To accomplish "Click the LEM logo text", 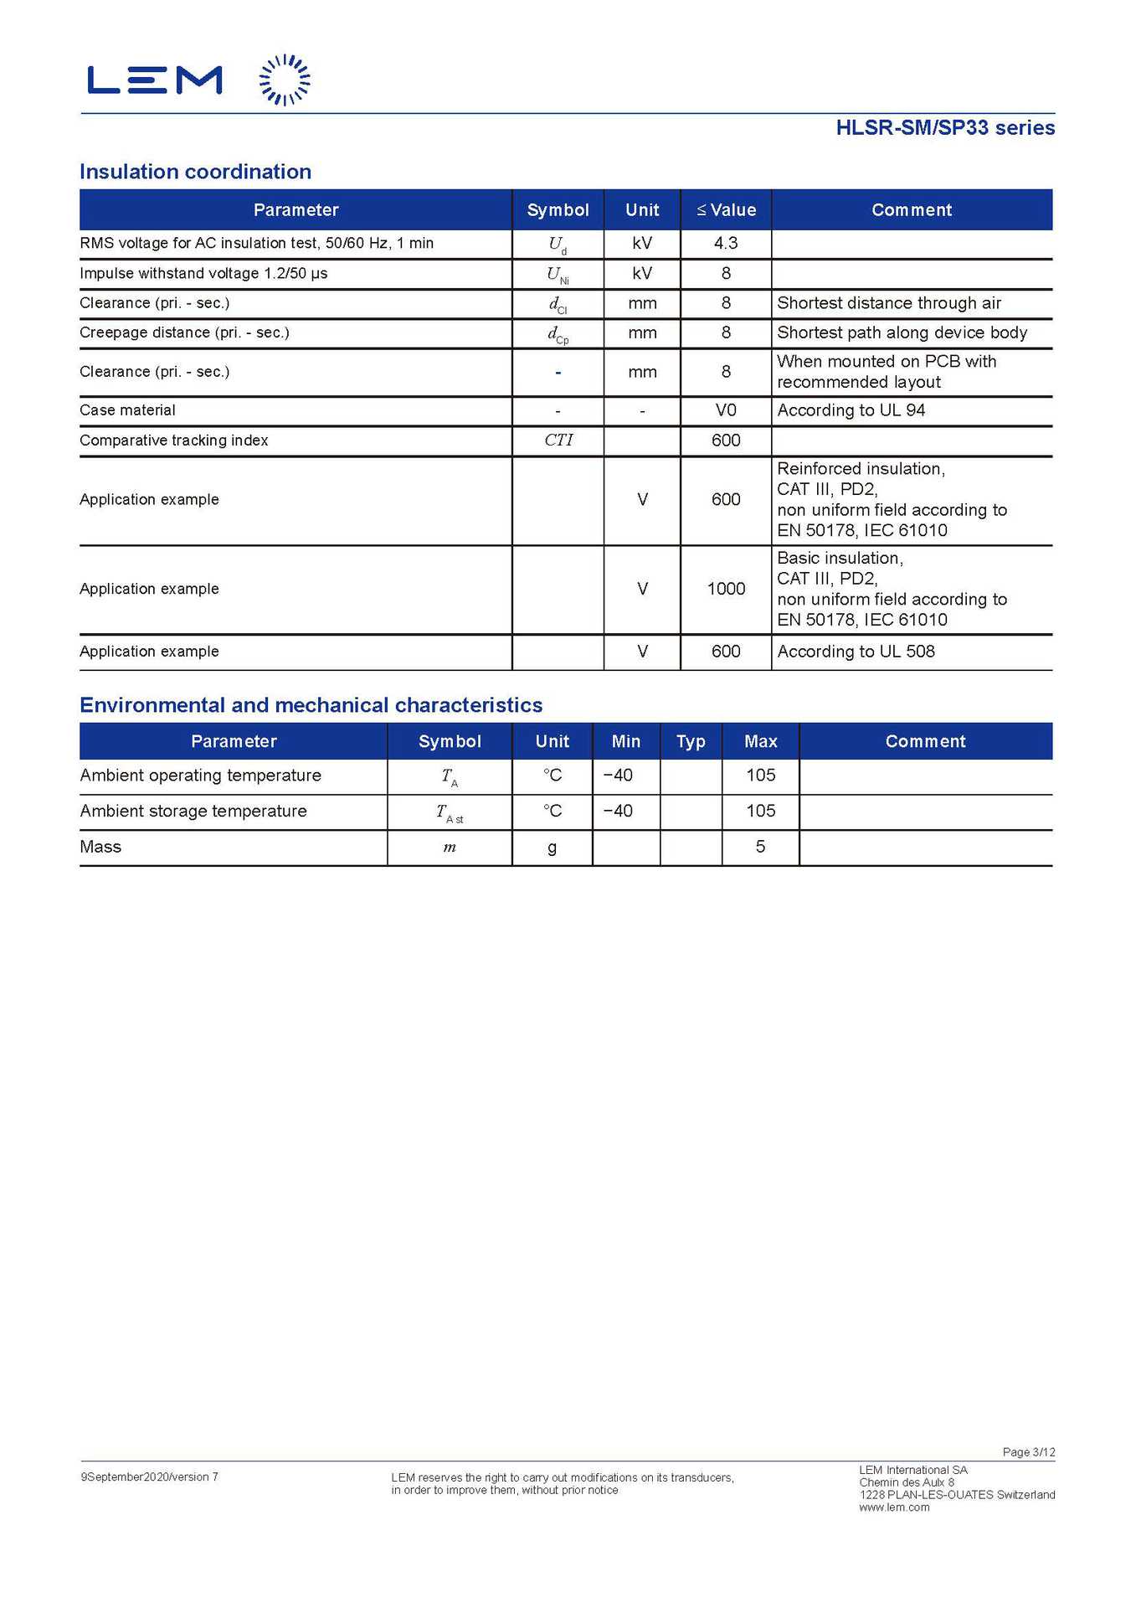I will tap(155, 80).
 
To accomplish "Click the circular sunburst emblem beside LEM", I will tap(285, 80).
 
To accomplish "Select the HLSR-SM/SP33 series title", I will tap(944, 127).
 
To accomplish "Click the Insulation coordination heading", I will tap(195, 172).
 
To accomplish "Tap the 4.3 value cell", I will tap(725, 243).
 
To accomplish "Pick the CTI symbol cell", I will tap(558, 440).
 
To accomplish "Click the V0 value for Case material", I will tap(725, 410).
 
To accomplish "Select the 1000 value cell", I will tap(725, 589).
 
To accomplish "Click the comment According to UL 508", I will tap(856, 652).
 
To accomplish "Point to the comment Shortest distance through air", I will tap(888, 303).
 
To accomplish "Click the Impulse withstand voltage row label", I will tap(203, 273).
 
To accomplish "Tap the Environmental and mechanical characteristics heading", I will tap(311, 705).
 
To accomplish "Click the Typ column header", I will tap(691, 741).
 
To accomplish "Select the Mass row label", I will tap(100, 847).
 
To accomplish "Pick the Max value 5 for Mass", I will tap(760, 847).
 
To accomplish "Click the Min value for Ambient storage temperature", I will tap(618, 811).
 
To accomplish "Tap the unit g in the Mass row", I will tap(552, 848).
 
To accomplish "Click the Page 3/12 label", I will tap(1028, 1452).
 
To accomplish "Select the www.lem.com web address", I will tap(894, 1507).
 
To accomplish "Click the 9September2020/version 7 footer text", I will tap(149, 1477).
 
